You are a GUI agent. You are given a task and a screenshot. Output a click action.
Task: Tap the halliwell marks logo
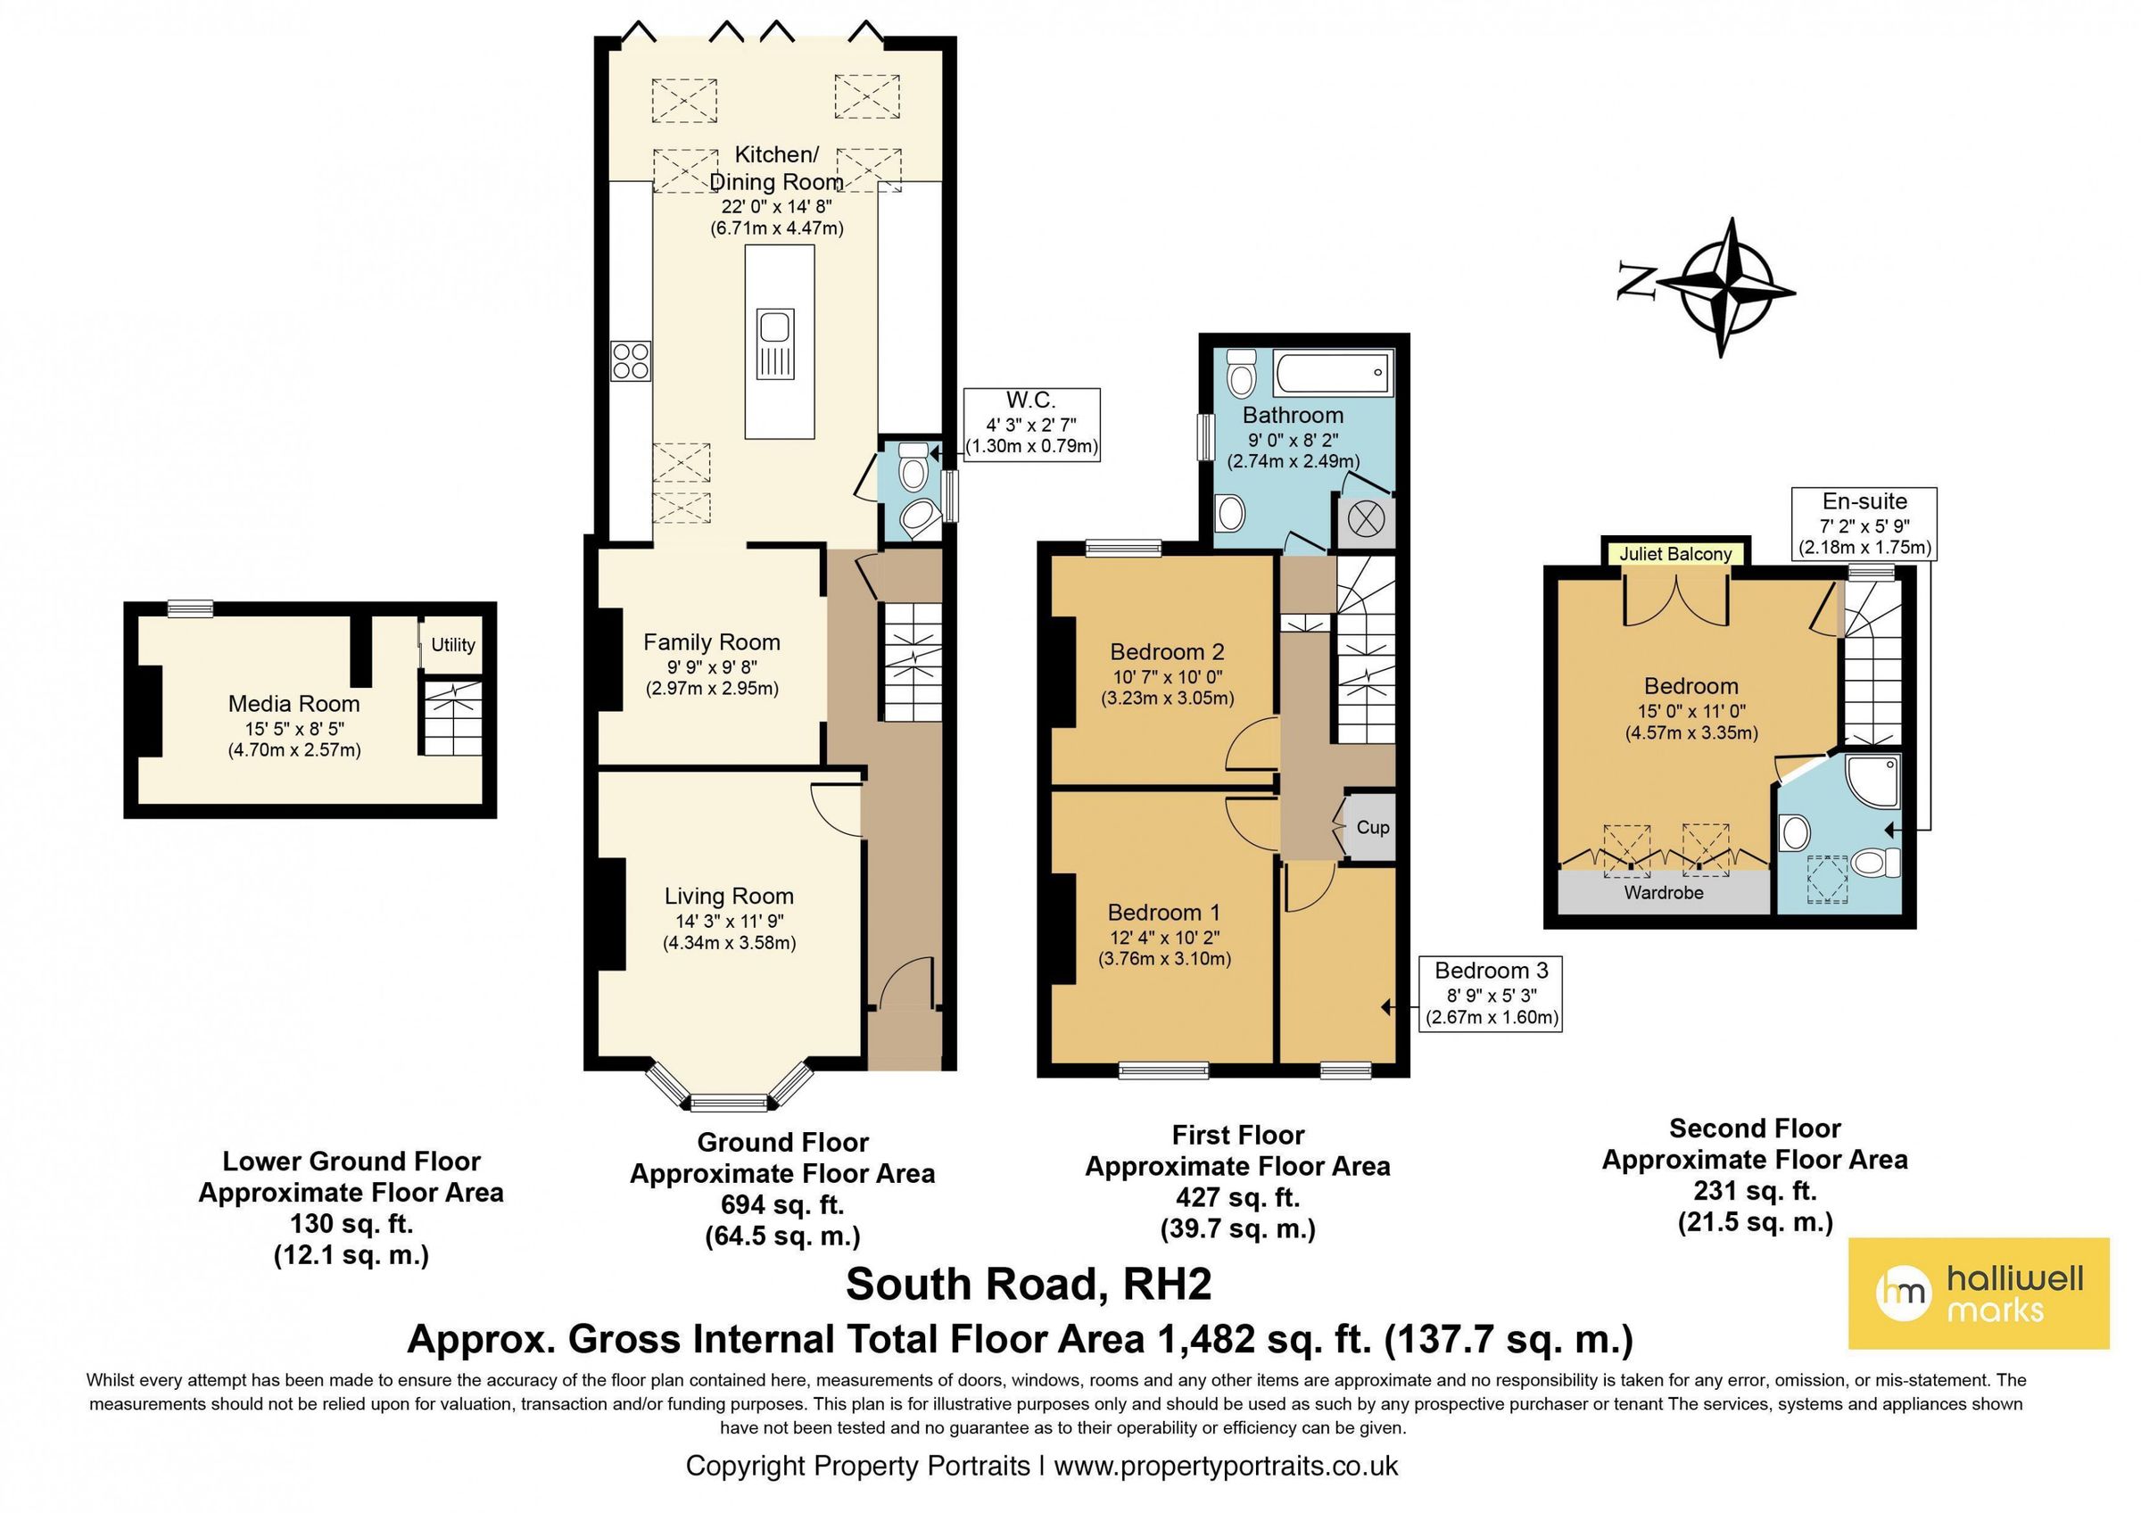(1979, 1294)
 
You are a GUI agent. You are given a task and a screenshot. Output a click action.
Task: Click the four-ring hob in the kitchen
(631, 360)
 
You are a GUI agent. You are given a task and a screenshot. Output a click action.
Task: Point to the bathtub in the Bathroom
(1334, 373)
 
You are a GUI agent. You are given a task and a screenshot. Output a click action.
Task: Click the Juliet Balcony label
(1675, 554)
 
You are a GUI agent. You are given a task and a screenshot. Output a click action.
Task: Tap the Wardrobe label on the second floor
(1664, 893)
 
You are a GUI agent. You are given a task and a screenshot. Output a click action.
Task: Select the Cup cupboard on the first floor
(1371, 827)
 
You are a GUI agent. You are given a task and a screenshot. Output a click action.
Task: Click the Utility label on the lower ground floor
(453, 645)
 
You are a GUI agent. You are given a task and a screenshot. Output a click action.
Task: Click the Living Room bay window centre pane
(730, 1103)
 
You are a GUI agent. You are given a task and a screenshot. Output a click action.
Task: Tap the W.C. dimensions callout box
(1031, 424)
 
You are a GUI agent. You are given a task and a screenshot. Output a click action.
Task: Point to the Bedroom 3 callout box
(1491, 994)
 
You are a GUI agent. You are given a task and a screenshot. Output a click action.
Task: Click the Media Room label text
(293, 704)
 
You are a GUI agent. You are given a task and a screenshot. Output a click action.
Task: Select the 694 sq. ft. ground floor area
(782, 1204)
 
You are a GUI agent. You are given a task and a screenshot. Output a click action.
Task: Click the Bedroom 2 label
(1167, 651)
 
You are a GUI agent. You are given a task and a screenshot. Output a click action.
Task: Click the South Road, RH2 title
(1029, 1285)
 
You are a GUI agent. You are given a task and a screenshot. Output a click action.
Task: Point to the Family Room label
(712, 642)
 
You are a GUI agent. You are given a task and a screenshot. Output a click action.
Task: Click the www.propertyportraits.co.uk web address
(1226, 1467)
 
